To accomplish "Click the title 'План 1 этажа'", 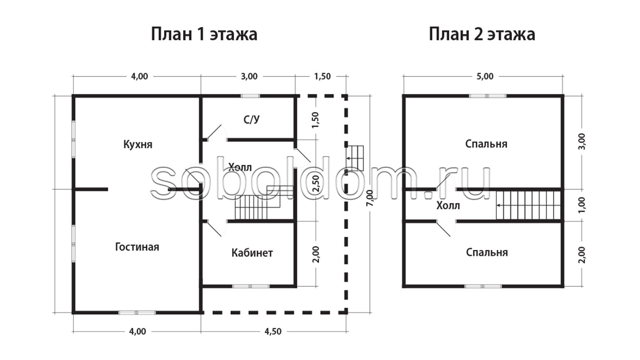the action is pyautogui.click(x=204, y=34).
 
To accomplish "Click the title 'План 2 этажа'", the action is pyautogui.click(x=482, y=34).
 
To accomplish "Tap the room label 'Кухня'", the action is pyautogui.click(x=138, y=145).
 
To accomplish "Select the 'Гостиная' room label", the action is pyautogui.click(x=137, y=247).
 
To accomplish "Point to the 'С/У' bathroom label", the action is pyautogui.click(x=251, y=119).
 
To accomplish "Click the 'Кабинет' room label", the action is pyautogui.click(x=252, y=253).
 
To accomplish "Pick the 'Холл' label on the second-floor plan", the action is pyautogui.click(x=448, y=206).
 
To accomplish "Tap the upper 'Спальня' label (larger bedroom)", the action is pyautogui.click(x=486, y=144).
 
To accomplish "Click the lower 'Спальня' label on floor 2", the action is pyautogui.click(x=487, y=252).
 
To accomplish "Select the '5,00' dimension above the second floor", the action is pyautogui.click(x=485, y=76).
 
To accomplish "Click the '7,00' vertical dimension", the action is pyautogui.click(x=370, y=198).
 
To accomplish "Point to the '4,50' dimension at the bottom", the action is pyautogui.click(x=273, y=331).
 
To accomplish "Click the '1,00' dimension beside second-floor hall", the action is pyautogui.click(x=582, y=205).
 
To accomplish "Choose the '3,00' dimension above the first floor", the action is pyautogui.click(x=249, y=76).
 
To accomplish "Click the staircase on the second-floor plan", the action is pyautogui.click(x=528, y=205).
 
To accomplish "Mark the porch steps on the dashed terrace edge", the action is pyautogui.click(x=355, y=158).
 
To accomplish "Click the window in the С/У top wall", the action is pyautogui.click(x=250, y=96).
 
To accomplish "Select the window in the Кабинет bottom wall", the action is pyautogui.click(x=251, y=286).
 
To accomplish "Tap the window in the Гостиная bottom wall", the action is pyautogui.click(x=137, y=313).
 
